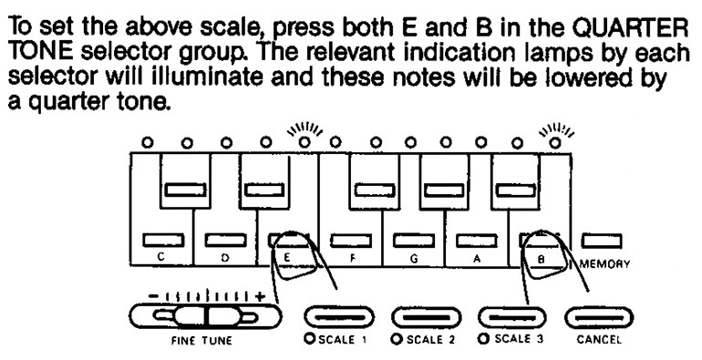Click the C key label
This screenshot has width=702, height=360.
pyautogui.click(x=160, y=258)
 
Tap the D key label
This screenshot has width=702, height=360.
pyautogui.click(x=223, y=258)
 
